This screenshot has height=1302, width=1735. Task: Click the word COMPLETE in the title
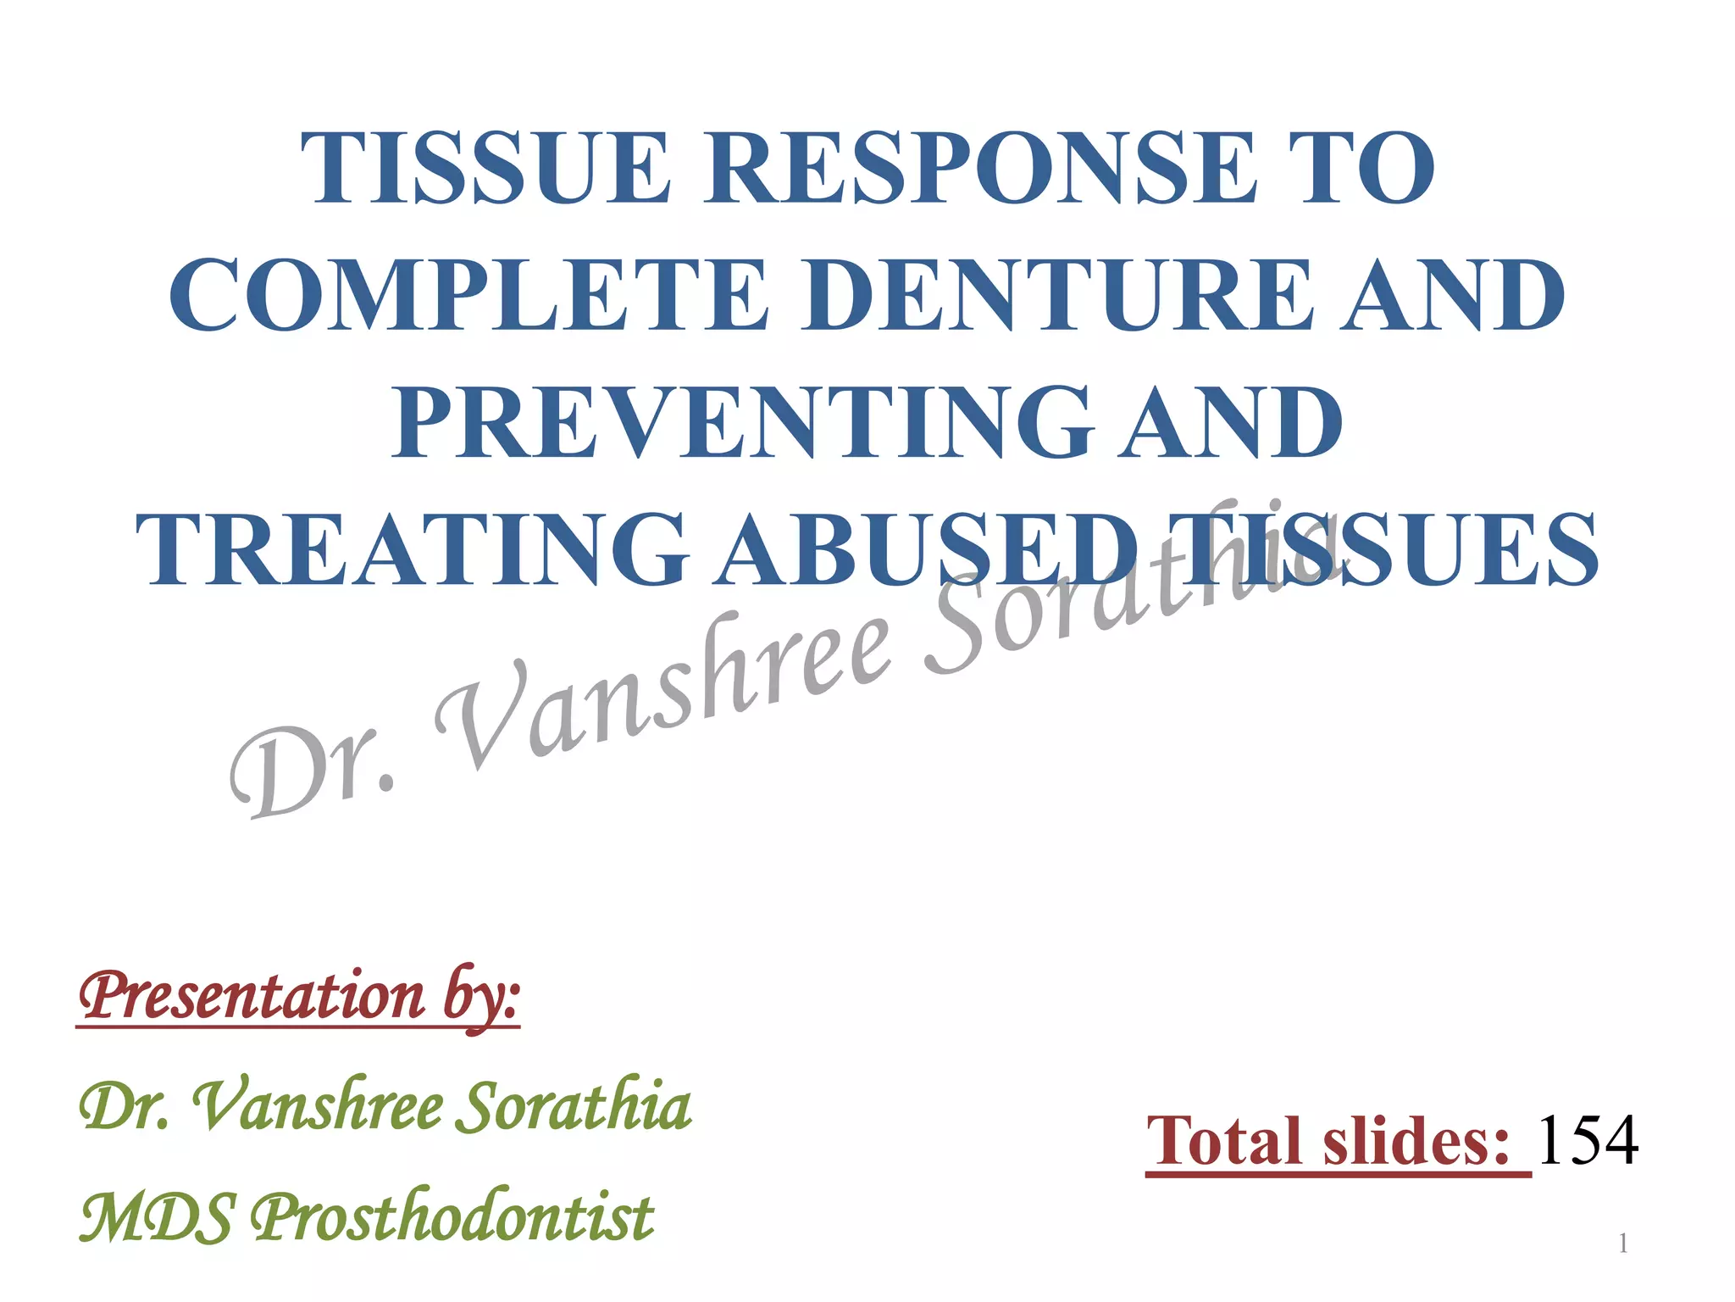469,296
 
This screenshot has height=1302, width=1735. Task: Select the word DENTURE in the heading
1060,296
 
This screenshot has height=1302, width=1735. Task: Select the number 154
1587,1141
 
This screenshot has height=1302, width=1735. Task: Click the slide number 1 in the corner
1622,1244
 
